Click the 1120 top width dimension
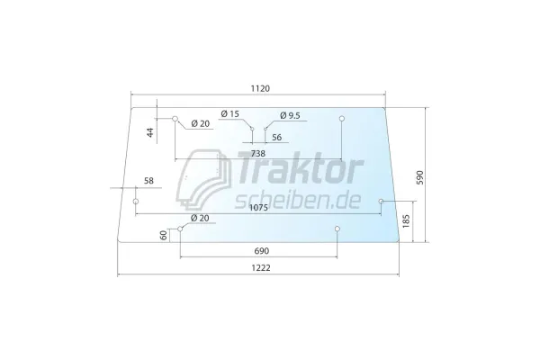[260, 88]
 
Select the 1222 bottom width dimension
[261, 267]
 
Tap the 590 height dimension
[420, 177]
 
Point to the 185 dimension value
[407, 220]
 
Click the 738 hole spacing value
[258, 153]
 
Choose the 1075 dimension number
[258, 208]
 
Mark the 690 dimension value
[261, 251]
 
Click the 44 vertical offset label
[150, 132]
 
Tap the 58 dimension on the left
[148, 181]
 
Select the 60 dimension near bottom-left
[164, 235]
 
